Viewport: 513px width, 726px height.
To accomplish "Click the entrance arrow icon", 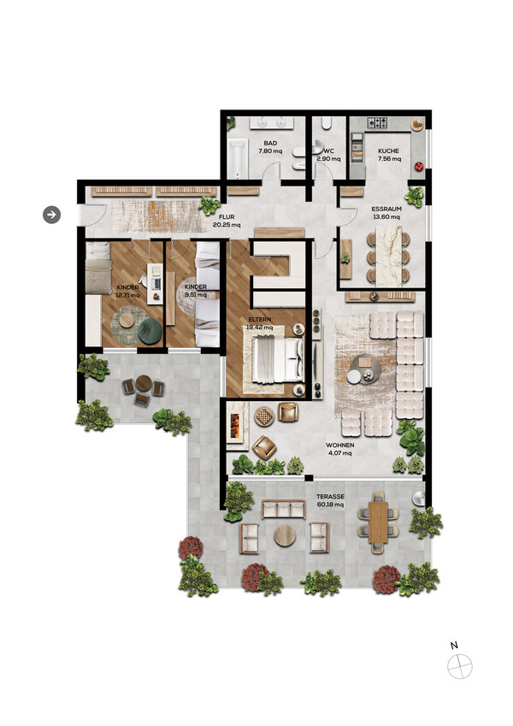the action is (51, 215).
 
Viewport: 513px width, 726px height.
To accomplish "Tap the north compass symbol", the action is (459, 667).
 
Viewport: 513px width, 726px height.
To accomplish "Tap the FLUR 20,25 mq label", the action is (227, 221).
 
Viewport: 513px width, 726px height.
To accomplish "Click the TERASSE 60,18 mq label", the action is (330, 500).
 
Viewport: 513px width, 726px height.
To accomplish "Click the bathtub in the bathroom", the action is (238, 159).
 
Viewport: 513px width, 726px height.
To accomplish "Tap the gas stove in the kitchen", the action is (377, 122).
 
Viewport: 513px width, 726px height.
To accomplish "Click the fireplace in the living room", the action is (236, 426).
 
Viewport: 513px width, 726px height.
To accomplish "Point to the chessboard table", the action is (264, 416).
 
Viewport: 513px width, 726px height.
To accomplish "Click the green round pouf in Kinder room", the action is (150, 331).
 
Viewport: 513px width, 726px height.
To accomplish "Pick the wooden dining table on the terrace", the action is (378, 522).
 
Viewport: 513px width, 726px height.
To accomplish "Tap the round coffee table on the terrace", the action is (285, 535).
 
